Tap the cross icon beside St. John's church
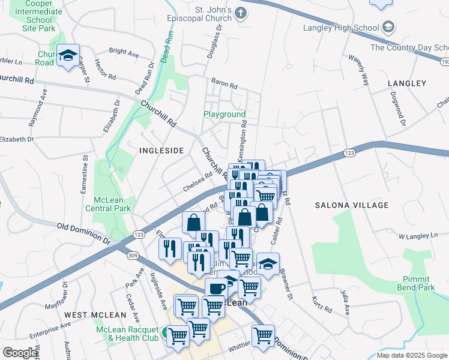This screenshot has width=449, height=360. (241, 13)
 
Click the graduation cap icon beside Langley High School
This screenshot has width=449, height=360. (388, 27)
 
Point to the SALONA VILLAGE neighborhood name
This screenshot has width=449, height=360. (352, 205)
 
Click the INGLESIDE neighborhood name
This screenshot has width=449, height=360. (161, 151)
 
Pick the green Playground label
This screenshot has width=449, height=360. (224, 114)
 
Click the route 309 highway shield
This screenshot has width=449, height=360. (133, 256)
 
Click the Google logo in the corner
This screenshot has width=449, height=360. (20, 353)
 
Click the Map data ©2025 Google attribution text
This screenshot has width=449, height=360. (411, 355)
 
